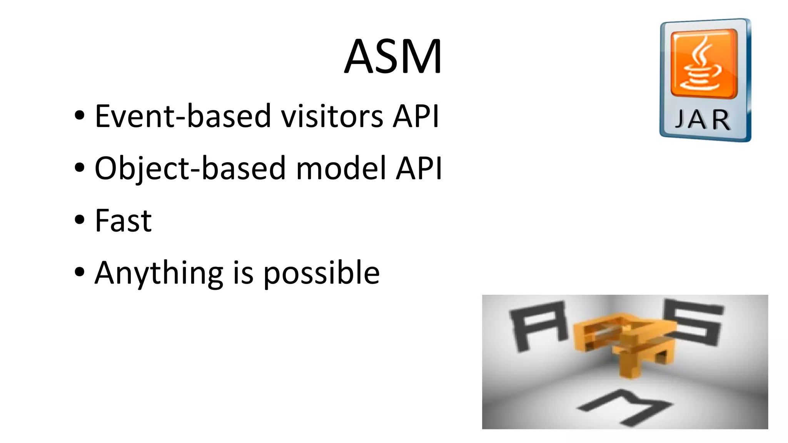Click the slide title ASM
(393, 56)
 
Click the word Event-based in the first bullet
(183, 116)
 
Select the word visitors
(332, 116)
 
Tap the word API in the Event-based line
(416, 116)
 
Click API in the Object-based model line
(419, 168)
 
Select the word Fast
(123, 221)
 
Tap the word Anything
(159, 273)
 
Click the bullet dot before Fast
(80, 220)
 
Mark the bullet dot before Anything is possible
(80, 272)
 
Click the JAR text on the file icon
(703, 120)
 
